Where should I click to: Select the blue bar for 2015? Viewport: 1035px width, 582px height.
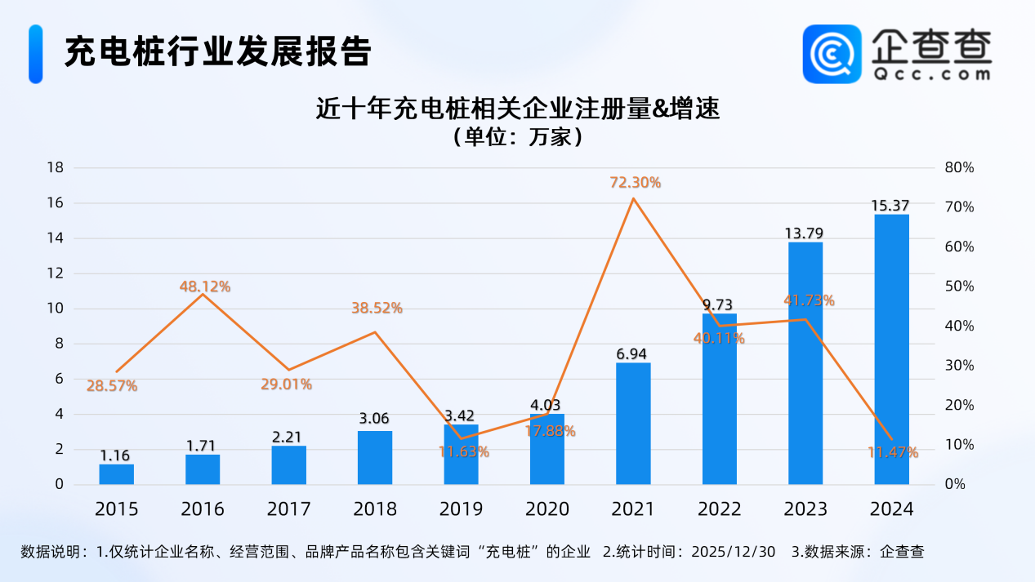[x=116, y=474]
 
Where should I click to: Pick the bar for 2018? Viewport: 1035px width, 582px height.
[x=375, y=457]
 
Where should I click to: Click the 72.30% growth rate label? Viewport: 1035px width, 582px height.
[x=635, y=183]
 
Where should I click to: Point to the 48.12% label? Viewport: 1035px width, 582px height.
[x=204, y=287]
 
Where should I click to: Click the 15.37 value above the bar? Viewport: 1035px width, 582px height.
[x=890, y=205]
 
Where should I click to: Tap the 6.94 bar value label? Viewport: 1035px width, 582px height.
[x=633, y=353]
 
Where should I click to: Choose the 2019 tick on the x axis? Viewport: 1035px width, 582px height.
[x=461, y=509]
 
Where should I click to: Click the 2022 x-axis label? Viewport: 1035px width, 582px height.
[x=719, y=509]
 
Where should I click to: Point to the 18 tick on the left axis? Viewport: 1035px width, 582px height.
[x=55, y=167]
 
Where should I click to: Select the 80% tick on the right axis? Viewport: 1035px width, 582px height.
[x=959, y=167]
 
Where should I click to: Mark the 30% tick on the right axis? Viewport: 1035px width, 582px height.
[x=959, y=365]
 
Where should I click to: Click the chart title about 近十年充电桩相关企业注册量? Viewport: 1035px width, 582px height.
[x=517, y=109]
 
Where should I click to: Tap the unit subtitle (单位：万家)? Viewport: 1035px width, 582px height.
[x=517, y=136]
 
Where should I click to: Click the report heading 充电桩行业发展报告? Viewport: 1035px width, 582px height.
[x=217, y=52]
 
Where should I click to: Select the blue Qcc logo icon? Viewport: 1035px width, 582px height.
[x=832, y=54]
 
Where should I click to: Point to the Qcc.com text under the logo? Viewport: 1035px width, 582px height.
[x=930, y=73]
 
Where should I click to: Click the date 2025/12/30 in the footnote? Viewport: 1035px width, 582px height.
[x=734, y=552]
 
